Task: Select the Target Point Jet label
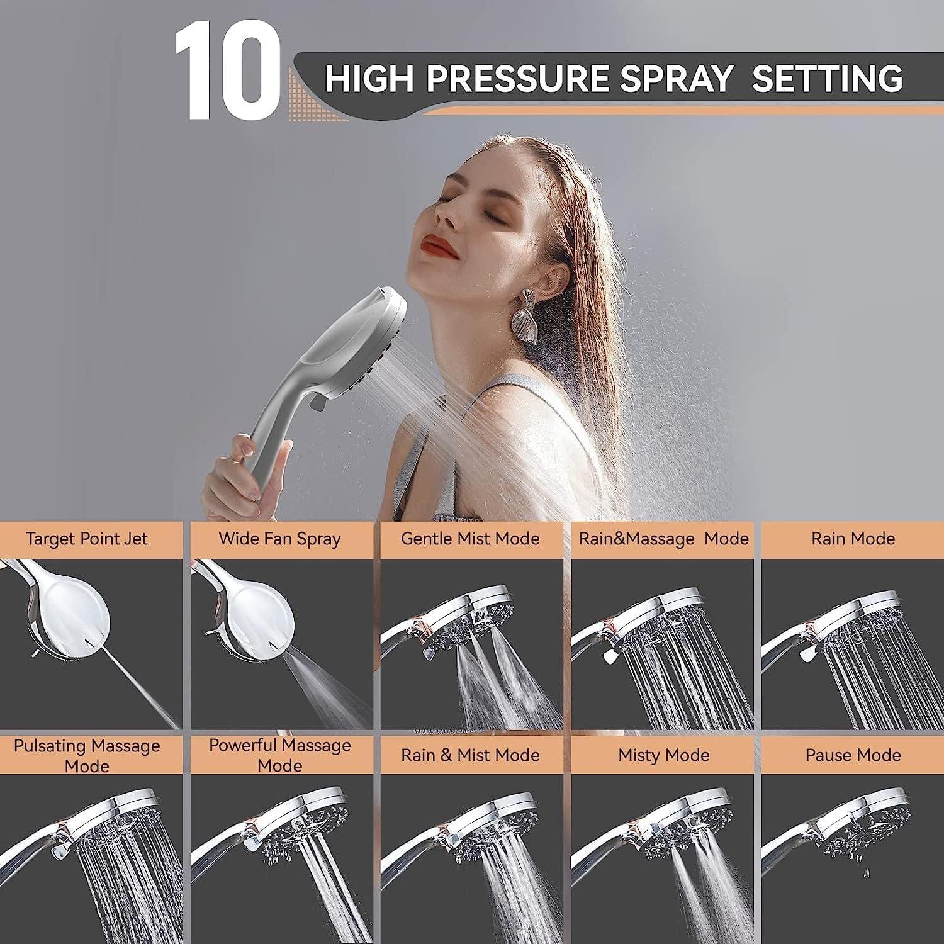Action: coord(87,539)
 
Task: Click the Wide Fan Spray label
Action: coord(279,539)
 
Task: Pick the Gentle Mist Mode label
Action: coord(470,539)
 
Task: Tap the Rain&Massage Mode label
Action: coord(663,539)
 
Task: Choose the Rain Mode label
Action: coord(853,539)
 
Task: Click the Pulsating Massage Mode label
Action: coord(87,755)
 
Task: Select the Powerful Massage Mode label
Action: coord(279,755)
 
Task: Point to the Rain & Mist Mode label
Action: coord(470,755)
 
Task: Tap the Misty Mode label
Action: coord(663,755)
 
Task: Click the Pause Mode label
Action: coord(853,755)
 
